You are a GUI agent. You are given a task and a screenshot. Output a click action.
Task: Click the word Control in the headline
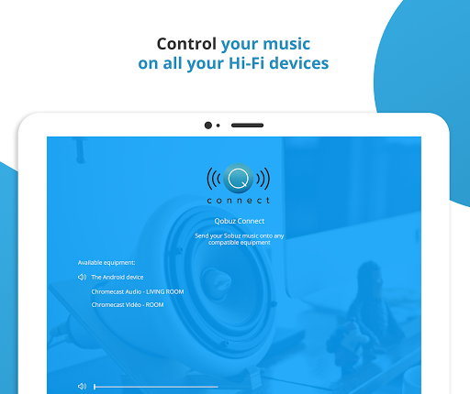click(x=186, y=44)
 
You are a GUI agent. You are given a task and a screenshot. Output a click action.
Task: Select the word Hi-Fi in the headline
click(x=246, y=63)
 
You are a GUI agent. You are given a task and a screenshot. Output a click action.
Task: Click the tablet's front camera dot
click(x=208, y=126)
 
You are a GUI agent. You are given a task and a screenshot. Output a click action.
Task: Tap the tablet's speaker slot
click(x=247, y=126)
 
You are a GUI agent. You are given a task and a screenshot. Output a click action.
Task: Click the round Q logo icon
click(x=238, y=179)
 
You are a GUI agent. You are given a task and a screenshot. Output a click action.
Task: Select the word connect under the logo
click(x=239, y=201)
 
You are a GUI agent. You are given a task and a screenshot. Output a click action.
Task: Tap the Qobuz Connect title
click(x=240, y=221)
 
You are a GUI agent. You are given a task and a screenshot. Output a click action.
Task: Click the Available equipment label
click(x=106, y=263)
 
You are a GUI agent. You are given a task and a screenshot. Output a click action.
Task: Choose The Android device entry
click(x=117, y=277)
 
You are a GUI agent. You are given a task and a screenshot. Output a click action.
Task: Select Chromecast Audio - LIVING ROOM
click(x=138, y=291)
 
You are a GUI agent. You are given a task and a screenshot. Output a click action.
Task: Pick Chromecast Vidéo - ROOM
click(x=128, y=305)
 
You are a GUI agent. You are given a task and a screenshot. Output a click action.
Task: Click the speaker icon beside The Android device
click(x=82, y=277)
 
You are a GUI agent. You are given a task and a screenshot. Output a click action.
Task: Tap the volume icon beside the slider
click(x=82, y=387)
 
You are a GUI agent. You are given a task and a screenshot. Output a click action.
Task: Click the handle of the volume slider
click(x=95, y=387)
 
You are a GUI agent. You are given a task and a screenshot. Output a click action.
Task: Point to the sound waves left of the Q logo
click(x=214, y=179)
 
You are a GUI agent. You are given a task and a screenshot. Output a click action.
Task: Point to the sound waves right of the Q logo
click(x=263, y=179)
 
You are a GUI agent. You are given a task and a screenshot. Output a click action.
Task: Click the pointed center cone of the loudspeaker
click(x=217, y=280)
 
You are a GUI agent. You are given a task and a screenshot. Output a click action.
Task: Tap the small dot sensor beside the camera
click(x=218, y=126)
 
